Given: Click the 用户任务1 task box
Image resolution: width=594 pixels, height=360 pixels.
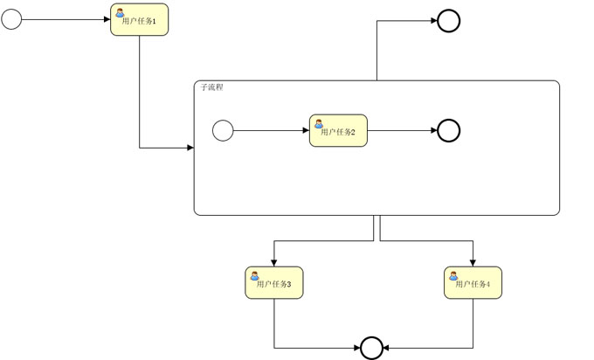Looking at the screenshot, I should [139, 20].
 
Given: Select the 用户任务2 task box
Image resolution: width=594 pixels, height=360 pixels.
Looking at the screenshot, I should [338, 131].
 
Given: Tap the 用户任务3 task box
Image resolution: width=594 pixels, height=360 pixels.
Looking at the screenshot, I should [274, 283].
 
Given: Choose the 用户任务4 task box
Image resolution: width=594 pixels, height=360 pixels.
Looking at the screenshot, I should [473, 283].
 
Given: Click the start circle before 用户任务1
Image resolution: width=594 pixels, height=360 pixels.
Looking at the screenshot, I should [11, 19].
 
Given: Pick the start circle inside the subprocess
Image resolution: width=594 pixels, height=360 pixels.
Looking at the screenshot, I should [223, 131].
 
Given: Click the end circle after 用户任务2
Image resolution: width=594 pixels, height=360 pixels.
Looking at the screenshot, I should [448, 131].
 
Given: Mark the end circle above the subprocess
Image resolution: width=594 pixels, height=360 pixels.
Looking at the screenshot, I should [448, 20].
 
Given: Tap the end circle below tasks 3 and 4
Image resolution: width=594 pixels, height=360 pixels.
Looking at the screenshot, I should [372, 348].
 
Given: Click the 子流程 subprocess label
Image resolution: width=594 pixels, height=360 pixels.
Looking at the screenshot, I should [212, 88].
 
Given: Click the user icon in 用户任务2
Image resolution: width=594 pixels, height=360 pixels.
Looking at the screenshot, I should [319, 123].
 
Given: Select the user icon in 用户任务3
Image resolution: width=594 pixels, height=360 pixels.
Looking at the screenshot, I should [255, 275].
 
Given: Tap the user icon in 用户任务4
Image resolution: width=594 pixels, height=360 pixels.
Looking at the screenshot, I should [453, 275].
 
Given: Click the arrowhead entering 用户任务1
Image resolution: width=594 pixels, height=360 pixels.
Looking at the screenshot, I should [106, 19].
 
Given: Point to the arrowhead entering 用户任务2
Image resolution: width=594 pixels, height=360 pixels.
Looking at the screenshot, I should [305, 131].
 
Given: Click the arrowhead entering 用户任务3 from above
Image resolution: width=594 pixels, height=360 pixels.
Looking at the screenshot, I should [274, 262].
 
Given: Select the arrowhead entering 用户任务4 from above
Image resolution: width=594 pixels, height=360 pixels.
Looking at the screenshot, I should [473, 262].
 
